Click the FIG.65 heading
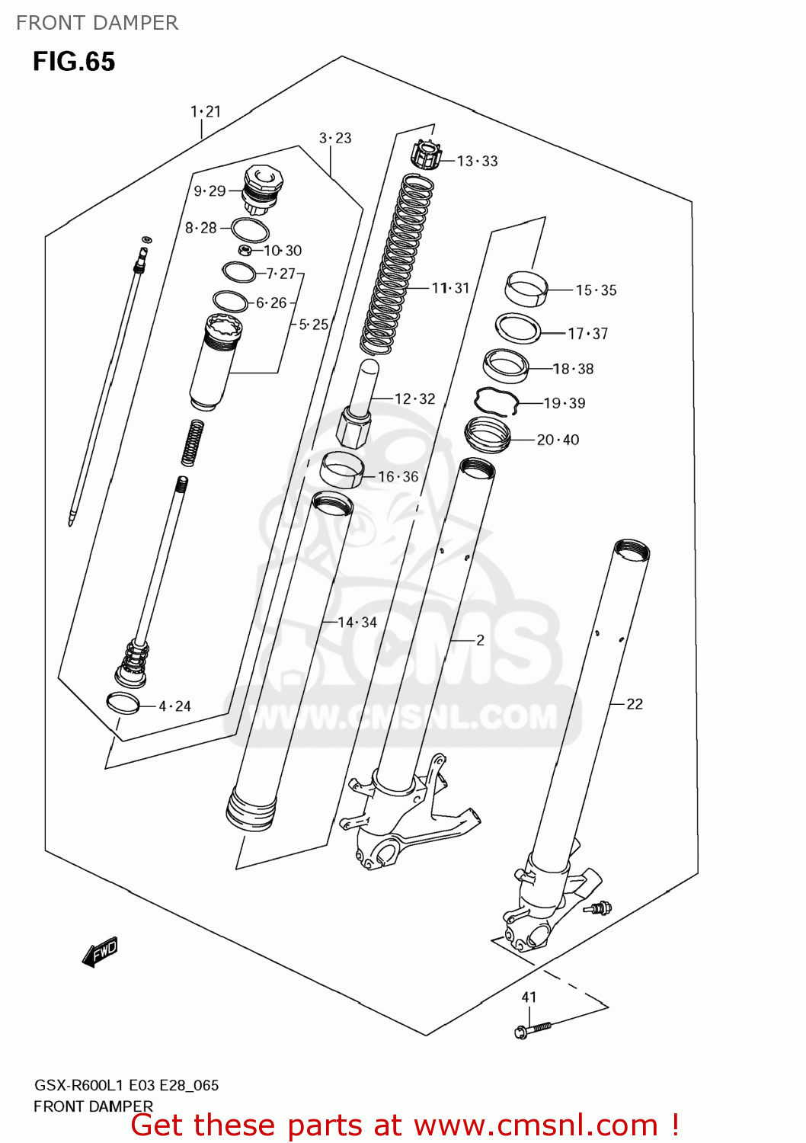[74, 62]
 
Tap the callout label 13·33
[477, 161]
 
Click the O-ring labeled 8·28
[249, 229]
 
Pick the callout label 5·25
[313, 325]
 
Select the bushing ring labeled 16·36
[341, 469]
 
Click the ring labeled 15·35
[526, 289]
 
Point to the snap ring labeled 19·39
[496, 400]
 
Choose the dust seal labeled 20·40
[487, 435]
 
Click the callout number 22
[635, 704]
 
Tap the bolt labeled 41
[534, 1029]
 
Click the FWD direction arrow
[100, 952]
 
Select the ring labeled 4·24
[123, 703]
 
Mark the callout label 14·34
[357, 623]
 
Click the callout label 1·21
[205, 112]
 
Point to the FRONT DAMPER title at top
[97, 23]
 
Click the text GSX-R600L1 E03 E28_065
[126, 1085]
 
